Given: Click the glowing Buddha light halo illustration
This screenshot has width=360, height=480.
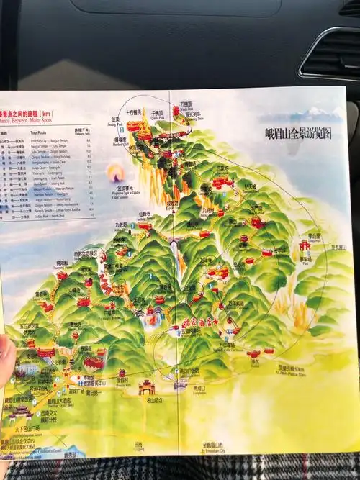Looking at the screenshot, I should (112, 172).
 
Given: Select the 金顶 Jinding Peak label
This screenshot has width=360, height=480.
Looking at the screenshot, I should (116, 121).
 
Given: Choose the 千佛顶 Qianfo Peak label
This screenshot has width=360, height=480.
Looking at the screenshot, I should (157, 114).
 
